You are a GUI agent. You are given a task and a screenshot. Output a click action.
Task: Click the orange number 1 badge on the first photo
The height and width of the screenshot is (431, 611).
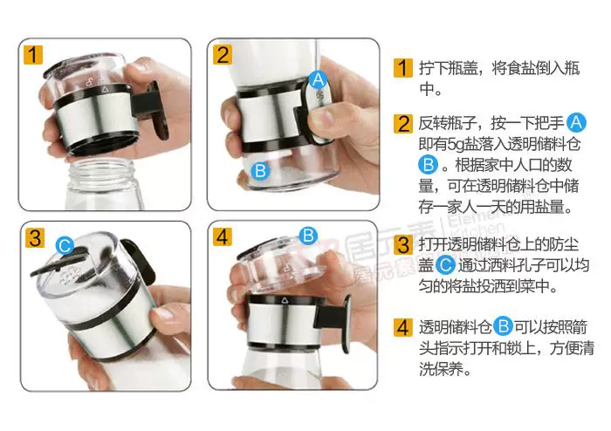click(33, 54)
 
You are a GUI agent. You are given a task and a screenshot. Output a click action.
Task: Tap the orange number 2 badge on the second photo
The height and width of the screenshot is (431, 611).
click(223, 54)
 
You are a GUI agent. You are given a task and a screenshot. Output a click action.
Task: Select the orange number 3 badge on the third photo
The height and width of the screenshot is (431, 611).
click(35, 237)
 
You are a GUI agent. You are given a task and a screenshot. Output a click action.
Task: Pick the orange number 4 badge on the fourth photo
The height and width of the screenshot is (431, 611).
click(223, 236)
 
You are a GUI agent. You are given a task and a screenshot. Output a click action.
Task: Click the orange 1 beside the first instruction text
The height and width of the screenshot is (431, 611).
click(403, 68)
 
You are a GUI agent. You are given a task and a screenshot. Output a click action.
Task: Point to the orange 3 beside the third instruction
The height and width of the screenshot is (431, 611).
click(403, 245)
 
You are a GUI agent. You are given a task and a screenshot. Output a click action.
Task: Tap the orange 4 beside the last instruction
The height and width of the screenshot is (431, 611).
click(403, 327)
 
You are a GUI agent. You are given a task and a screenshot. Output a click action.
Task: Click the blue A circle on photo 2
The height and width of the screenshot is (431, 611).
click(318, 80)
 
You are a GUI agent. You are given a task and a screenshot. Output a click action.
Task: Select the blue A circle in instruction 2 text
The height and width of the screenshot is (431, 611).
click(576, 123)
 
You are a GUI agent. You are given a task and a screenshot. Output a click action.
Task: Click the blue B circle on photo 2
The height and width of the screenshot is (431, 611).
click(260, 170)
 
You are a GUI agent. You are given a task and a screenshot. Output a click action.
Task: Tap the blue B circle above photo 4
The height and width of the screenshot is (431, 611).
click(308, 236)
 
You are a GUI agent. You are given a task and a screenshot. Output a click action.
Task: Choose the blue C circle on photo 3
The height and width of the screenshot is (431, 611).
click(65, 246)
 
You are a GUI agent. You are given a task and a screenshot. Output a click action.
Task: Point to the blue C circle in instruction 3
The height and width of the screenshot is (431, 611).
click(444, 265)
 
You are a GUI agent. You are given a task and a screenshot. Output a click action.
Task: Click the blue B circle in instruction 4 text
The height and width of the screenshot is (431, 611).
click(503, 326)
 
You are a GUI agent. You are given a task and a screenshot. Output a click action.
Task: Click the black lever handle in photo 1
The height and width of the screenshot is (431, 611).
click(150, 109)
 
